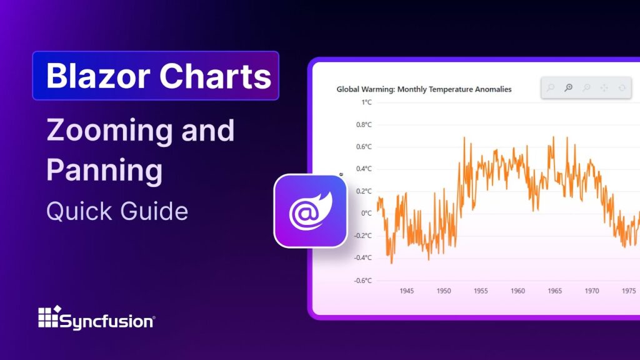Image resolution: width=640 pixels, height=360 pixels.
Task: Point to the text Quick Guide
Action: [117, 211]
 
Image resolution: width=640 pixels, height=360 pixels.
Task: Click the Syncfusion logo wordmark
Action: [106, 321]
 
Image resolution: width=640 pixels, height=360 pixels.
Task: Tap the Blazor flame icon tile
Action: [310, 211]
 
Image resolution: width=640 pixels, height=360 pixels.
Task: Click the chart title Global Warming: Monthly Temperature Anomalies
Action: [424, 89]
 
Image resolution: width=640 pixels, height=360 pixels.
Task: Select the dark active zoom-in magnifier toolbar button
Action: [568, 88]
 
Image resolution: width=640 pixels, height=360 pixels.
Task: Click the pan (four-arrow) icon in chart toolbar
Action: [604, 88]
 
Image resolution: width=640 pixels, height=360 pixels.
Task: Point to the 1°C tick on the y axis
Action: [364, 102]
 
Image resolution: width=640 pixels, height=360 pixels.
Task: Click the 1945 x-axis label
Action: [406, 291]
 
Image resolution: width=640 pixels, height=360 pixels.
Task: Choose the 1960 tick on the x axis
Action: [517, 291]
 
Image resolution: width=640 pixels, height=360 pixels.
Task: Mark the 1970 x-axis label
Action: [591, 291]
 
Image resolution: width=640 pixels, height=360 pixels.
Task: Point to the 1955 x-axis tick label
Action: [481, 291]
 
